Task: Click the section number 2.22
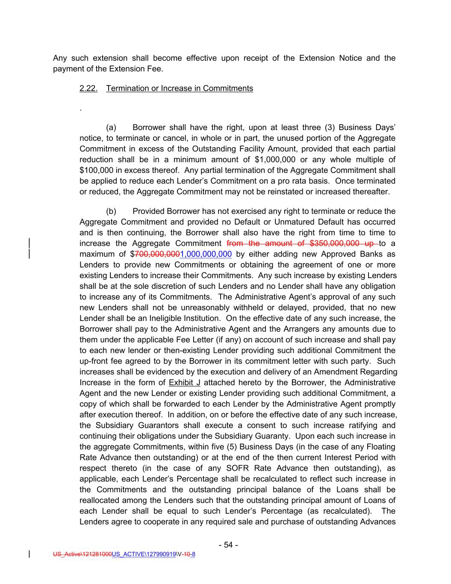88,89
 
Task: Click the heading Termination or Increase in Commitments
179,89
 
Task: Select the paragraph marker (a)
111,127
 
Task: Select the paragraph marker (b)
111,211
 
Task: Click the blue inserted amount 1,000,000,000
206,254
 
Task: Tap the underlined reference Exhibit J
185,382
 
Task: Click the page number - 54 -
228,545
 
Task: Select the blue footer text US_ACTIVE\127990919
144,554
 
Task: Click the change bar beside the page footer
29,554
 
